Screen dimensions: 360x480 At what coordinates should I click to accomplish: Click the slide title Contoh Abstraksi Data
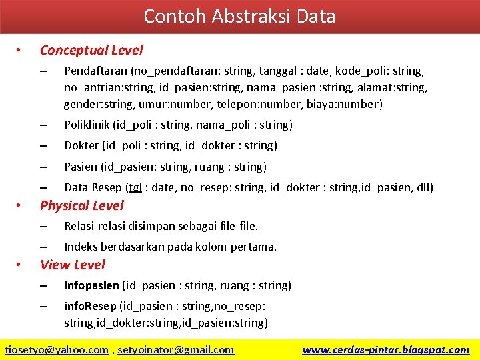[239, 16]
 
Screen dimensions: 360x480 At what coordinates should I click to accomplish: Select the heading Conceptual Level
[91, 50]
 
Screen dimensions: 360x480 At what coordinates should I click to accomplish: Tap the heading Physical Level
[81, 205]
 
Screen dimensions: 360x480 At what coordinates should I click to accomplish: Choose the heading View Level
[72, 265]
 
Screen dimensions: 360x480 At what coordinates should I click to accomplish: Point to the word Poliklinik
[87, 125]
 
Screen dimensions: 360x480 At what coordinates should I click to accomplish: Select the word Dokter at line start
[81, 145]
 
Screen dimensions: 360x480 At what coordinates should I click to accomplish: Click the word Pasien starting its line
[80, 167]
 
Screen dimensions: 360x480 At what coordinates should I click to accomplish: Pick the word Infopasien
[91, 285]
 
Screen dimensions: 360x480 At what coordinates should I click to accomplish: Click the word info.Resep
[89, 306]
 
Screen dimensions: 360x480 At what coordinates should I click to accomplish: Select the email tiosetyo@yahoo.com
[57, 349]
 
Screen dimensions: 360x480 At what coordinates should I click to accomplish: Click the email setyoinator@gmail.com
[177, 349]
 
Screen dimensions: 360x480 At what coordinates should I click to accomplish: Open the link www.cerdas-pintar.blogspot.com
[385, 349]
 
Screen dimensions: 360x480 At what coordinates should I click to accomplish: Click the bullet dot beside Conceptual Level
[19, 50]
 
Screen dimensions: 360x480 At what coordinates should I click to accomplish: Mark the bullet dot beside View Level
[19, 265]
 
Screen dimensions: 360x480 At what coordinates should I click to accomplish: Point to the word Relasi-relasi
[95, 226]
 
